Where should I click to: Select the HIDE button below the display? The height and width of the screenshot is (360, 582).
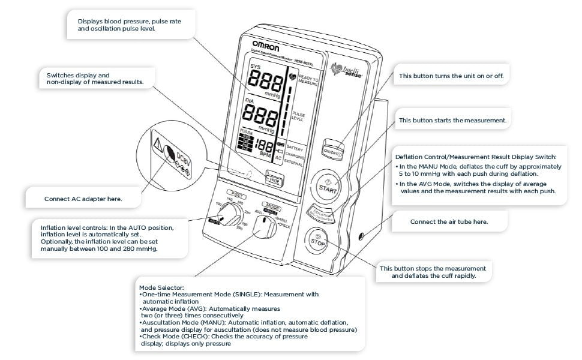[x=275, y=178]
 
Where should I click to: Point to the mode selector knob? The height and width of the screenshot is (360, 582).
[x=261, y=227]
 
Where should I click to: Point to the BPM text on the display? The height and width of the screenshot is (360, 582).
[x=265, y=154]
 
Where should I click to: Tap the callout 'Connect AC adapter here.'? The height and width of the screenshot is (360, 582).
[x=83, y=199]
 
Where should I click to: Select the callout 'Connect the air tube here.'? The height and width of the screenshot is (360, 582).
[x=448, y=221]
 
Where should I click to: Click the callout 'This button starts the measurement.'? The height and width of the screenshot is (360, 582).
[x=452, y=121]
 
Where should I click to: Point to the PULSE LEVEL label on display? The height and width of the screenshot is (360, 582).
[x=298, y=116]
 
